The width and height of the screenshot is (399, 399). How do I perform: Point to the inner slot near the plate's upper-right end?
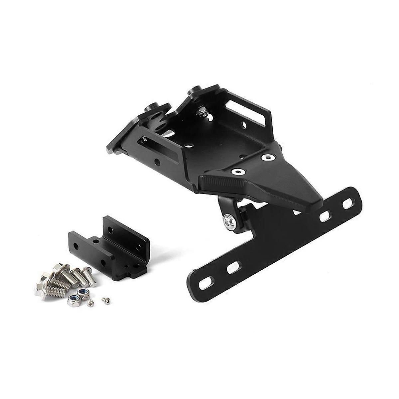324,216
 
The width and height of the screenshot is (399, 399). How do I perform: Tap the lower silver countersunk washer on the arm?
237,171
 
